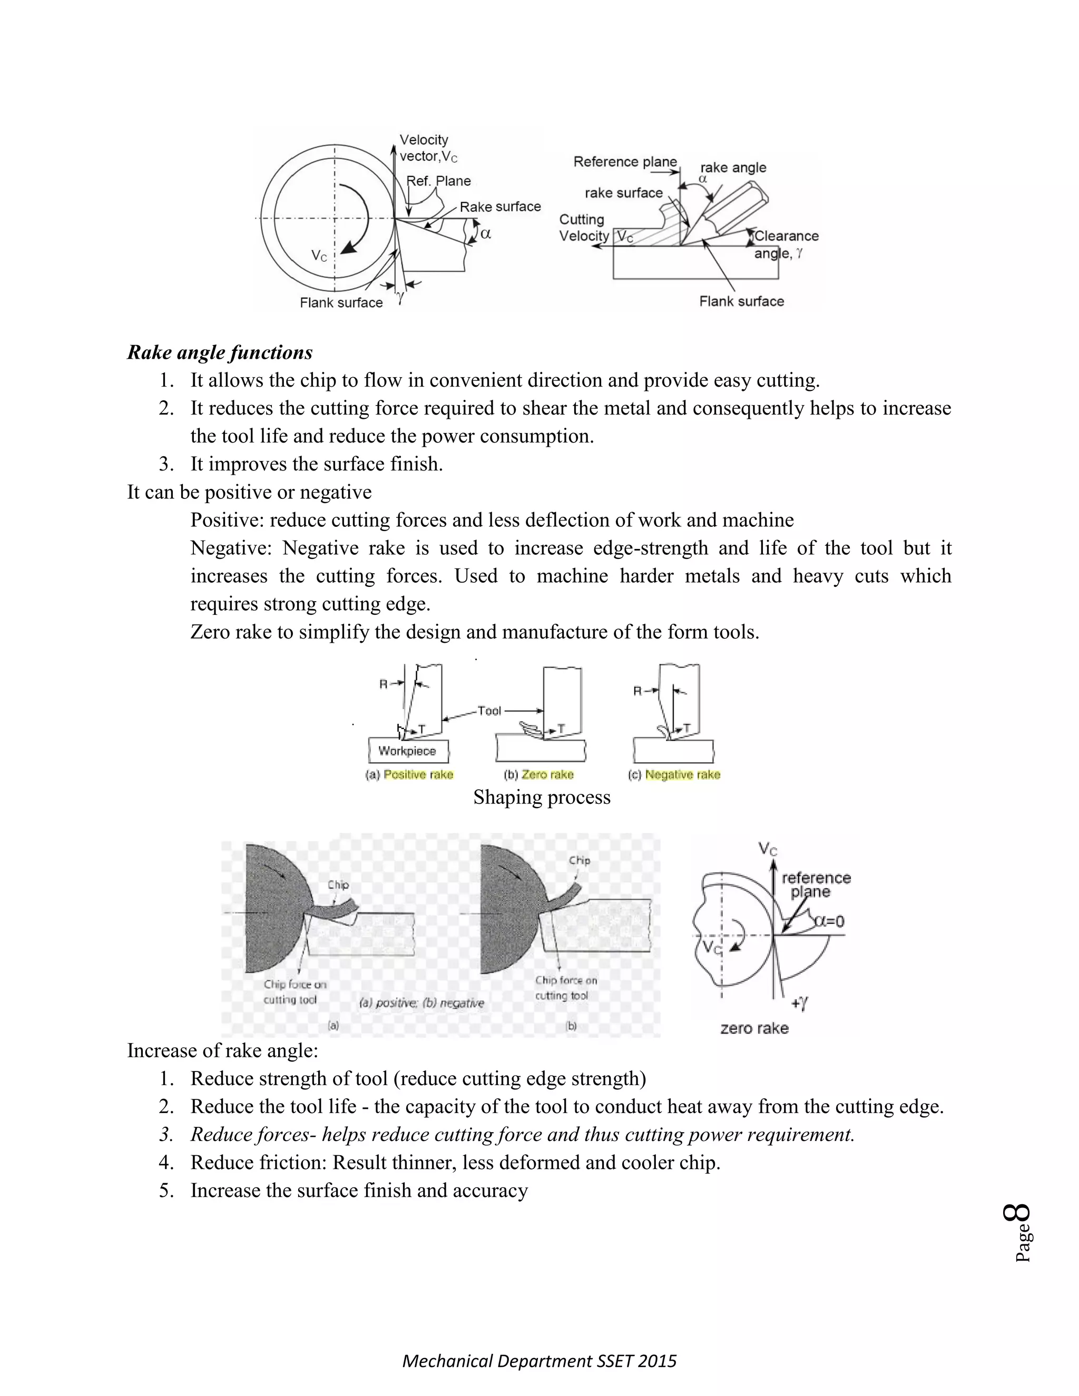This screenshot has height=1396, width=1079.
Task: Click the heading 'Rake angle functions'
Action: [x=220, y=352]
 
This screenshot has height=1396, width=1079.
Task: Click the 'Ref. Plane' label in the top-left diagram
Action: [x=439, y=181]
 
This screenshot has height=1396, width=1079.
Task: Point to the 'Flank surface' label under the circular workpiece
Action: [x=341, y=302]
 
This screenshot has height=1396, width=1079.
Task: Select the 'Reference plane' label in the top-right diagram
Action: [x=624, y=162]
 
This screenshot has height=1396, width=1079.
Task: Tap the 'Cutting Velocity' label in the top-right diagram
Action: [x=583, y=228]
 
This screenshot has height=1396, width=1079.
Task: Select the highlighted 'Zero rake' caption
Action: [x=547, y=775]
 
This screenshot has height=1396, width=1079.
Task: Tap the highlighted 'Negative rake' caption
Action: [x=682, y=775]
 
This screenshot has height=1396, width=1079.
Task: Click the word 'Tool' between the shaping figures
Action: [x=489, y=711]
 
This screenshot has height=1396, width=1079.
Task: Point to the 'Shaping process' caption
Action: [x=542, y=797]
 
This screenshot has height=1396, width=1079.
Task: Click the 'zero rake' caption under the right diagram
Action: [x=754, y=1028]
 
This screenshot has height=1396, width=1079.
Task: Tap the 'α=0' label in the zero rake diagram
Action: [x=830, y=921]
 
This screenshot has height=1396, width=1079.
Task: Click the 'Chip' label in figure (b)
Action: [x=579, y=860]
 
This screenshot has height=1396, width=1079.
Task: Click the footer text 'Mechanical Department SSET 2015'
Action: [x=539, y=1361]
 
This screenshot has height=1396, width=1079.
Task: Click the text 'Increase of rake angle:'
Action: [x=222, y=1051]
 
